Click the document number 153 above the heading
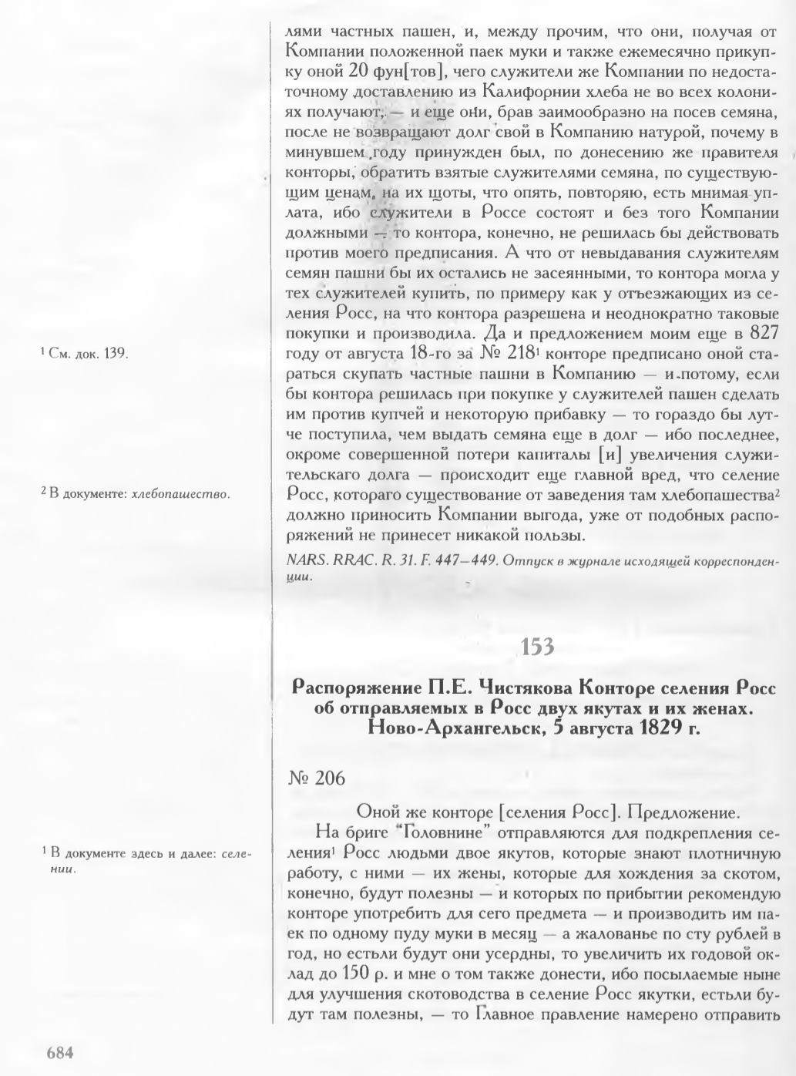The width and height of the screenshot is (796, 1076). click(537, 647)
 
